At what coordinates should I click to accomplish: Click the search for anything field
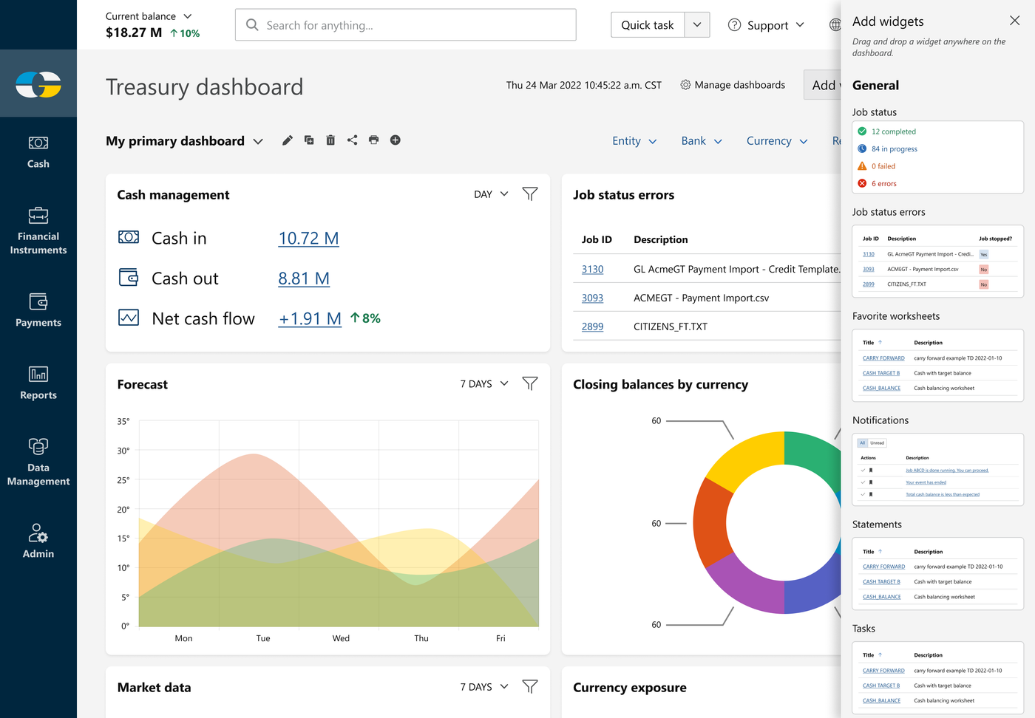(x=405, y=25)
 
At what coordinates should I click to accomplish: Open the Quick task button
(x=648, y=25)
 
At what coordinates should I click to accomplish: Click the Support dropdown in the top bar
(x=767, y=25)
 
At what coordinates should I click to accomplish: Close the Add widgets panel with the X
(x=1014, y=21)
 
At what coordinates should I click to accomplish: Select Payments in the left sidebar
(x=38, y=310)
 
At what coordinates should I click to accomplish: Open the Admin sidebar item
(x=38, y=541)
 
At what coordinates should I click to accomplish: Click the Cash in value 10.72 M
(x=308, y=239)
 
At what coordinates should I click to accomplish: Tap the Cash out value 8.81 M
(x=304, y=278)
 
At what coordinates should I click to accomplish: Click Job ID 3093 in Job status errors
(x=592, y=298)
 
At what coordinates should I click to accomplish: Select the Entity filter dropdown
(x=634, y=141)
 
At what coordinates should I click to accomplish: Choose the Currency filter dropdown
(x=776, y=141)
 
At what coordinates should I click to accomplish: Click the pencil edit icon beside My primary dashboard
(x=288, y=140)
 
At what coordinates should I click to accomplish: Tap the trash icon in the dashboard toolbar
(x=330, y=140)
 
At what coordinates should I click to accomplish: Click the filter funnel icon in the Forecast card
(x=530, y=383)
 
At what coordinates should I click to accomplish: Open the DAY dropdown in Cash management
(x=491, y=194)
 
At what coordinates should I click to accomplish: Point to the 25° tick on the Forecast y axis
(x=123, y=480)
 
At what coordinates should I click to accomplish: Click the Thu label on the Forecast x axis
(x=421, y=638)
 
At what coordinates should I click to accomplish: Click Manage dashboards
(x=733, y=85)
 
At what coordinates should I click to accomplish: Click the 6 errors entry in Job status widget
(x=883, y=183)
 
